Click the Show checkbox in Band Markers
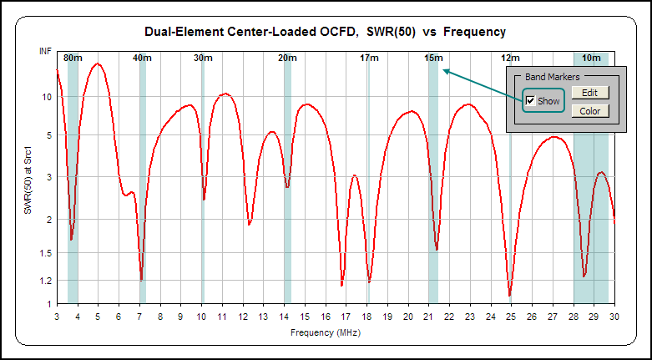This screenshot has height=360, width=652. (x=530, y=101)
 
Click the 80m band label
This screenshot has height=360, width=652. (x=73, y=58)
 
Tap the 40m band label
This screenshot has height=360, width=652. (x=142, y=58)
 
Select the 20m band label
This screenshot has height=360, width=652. (x=287, y=58)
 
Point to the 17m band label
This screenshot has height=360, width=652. (x=369, y=58)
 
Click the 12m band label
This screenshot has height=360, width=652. (x=511, y=58)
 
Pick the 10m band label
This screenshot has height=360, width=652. (x=591, y=58)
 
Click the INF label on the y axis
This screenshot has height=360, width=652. (x=45, y=52)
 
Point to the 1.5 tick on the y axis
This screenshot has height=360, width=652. (x=46, y=253)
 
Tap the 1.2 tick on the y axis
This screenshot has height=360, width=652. (x=46, y=281)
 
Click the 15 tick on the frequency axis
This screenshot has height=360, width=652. (x=305, y=317)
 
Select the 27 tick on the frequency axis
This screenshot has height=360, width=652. (x=553, y=317)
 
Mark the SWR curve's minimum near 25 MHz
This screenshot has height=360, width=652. (x=510, y=295)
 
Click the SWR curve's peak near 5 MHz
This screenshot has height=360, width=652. (x=99, y=63)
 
